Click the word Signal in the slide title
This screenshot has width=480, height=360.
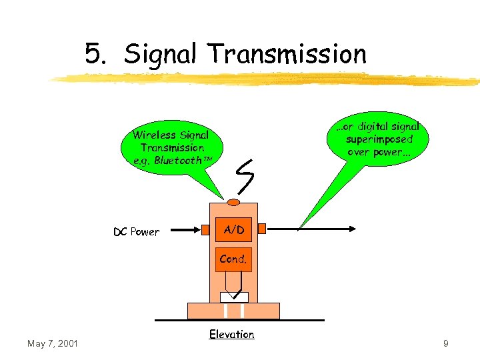(x=160, y=54)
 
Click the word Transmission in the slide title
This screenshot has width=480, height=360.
(x=287, y=54)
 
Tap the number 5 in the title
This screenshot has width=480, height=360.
(x=93, y=54)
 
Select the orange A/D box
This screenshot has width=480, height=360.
(x=233, y=230)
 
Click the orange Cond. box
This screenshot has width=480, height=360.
(x=233, y=259)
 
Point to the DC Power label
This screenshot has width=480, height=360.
(x=137, y=232)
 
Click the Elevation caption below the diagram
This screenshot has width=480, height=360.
(x=231, y=334)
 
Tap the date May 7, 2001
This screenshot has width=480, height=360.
(x=53, y=343)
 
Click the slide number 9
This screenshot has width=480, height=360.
(x=445, y=343)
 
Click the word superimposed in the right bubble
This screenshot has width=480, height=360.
(x=379, y=139)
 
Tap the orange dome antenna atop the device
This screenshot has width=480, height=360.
(x=233, y=202)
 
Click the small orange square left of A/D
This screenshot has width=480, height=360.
(x=206, y=229)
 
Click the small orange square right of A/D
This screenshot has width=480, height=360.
(x=261, y=229)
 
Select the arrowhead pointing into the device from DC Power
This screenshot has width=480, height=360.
(x=198, y=230)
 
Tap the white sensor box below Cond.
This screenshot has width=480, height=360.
(x=234, y=297)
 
